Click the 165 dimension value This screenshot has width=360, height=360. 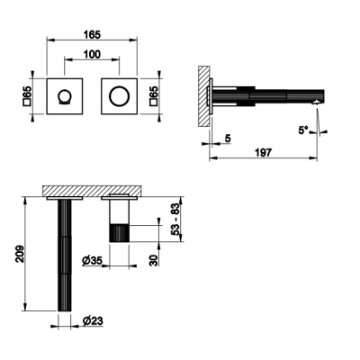92,34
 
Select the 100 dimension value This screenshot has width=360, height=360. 92,54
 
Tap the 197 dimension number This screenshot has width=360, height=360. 263,152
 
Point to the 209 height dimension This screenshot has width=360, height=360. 20,254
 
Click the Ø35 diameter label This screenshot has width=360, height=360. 92,261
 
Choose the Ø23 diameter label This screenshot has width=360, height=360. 93,321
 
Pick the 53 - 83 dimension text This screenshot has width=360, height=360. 176,219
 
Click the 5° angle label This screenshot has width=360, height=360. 303,130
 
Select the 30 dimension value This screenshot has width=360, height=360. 153,260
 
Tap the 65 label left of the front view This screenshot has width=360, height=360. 27,92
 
